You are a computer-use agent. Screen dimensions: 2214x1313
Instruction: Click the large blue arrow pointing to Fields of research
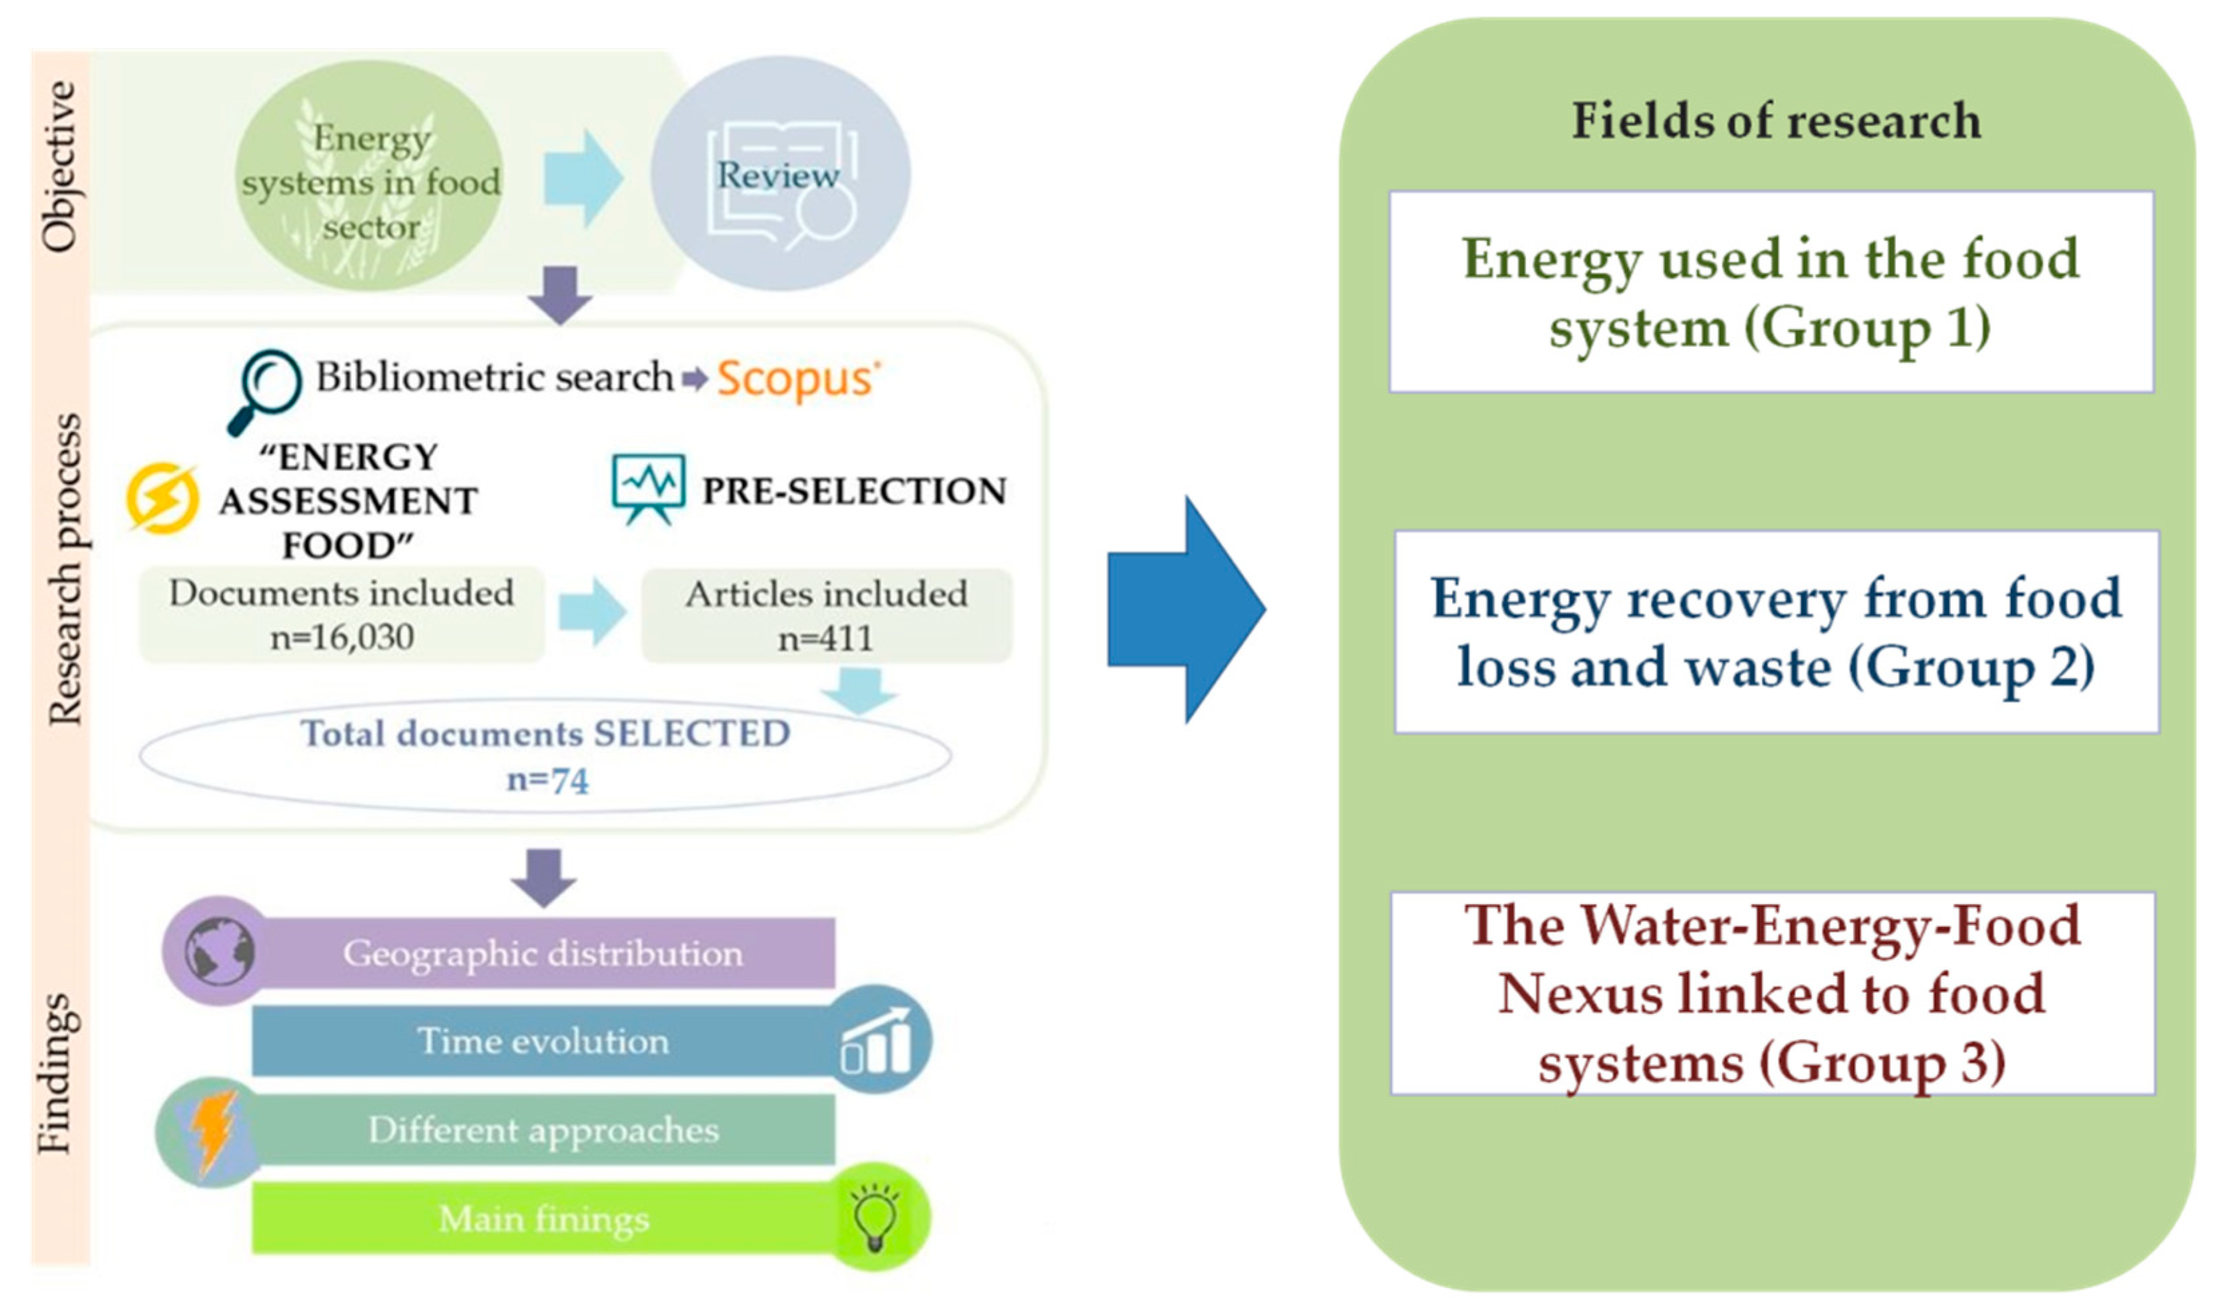(x=1185, y=610)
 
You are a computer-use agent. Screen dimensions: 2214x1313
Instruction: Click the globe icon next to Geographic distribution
(x=219, y=953)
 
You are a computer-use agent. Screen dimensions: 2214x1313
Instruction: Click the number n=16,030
(x=341, y=637)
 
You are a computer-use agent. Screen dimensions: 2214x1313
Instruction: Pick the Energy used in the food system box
(x=1771, y=292)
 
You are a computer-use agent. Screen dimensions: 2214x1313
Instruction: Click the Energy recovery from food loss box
(x=1776, y=632)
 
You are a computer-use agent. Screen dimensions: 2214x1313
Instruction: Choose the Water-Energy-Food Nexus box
(x=1772, y=992)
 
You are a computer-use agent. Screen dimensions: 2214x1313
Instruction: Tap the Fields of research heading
(x=1775, y=121)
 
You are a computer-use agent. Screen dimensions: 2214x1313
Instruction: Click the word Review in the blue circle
(x=777, y=175)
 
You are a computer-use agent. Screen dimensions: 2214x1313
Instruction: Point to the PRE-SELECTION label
(x=854, y=491)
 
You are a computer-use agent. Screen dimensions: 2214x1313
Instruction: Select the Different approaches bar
(x=543, y=1130)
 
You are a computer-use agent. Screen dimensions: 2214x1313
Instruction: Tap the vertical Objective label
(x=60, y=166)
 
